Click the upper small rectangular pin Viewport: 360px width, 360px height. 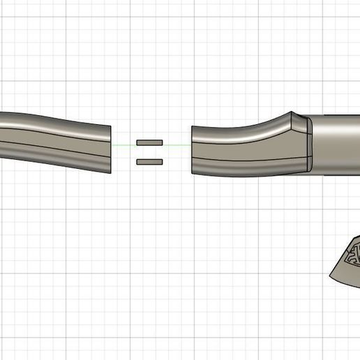149,142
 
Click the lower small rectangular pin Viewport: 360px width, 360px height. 149,162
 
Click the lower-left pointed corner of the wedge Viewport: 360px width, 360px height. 331,278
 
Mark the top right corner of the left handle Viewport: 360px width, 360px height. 110,126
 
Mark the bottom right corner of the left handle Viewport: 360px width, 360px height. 111,171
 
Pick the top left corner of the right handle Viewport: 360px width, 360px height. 192,127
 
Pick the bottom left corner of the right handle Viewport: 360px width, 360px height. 192,171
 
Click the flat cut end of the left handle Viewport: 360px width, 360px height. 110,149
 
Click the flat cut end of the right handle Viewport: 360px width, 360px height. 193,149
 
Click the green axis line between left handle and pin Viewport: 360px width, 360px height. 123,145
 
